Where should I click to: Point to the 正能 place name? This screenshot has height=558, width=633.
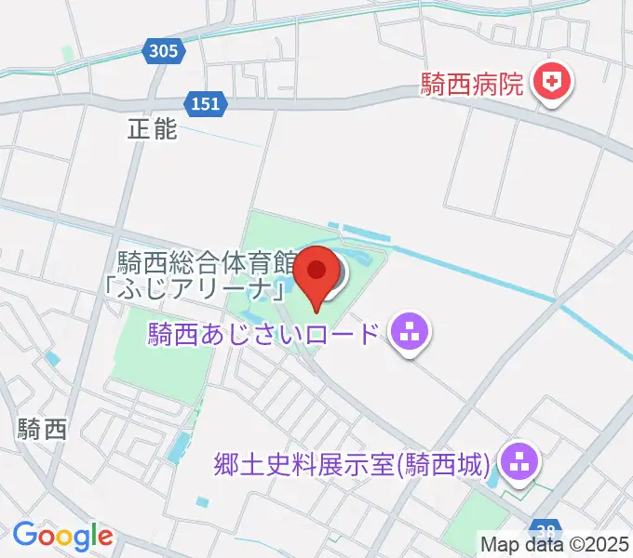(152, 129)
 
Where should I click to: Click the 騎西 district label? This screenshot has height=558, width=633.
(43, 429)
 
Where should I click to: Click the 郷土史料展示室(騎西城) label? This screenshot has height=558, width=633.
(355, 461)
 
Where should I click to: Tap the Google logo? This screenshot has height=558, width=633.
(62, 535)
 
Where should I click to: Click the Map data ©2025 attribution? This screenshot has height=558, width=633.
(555, 543)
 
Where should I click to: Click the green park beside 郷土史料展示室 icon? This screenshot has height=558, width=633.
(470, 516)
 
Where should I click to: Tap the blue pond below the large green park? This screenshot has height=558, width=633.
(175, 447)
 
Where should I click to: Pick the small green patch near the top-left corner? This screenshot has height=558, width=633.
(66, 54)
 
